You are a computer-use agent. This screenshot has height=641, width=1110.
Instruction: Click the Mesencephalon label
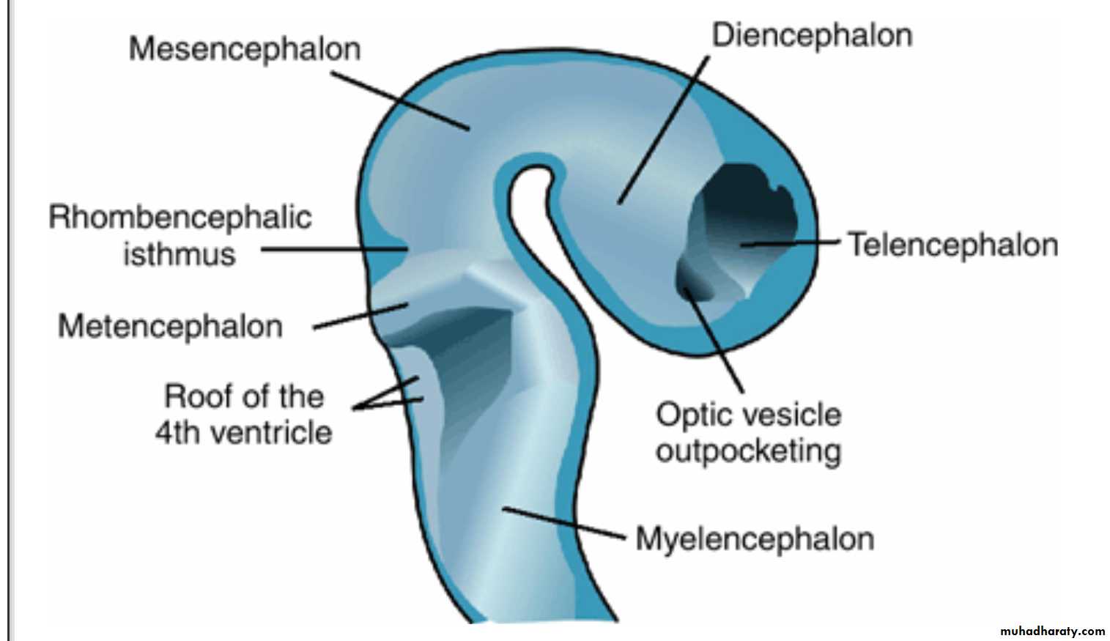(245, 49)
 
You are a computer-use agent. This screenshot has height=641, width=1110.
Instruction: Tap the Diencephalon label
(812, 35)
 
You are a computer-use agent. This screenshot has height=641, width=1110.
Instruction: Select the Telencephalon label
(952, 245)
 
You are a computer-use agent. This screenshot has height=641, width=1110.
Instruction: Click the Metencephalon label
(170, 326)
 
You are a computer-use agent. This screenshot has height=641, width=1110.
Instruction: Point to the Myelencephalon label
(755, 538)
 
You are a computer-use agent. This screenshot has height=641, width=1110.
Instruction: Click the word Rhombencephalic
(180, 218)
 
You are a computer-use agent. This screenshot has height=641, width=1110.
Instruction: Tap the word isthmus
(180, 255)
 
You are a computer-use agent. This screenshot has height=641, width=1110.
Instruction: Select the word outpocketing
(748, 451)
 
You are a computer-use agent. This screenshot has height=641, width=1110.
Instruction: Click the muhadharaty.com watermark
(1051, 631)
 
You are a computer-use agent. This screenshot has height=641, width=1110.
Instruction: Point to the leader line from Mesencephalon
(399, 100)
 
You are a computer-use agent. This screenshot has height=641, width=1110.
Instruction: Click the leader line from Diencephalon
(664, 129)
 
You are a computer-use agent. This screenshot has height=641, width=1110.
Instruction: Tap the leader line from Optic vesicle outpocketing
(714, 341)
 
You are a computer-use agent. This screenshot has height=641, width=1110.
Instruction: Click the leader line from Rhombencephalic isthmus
(333, 249)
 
